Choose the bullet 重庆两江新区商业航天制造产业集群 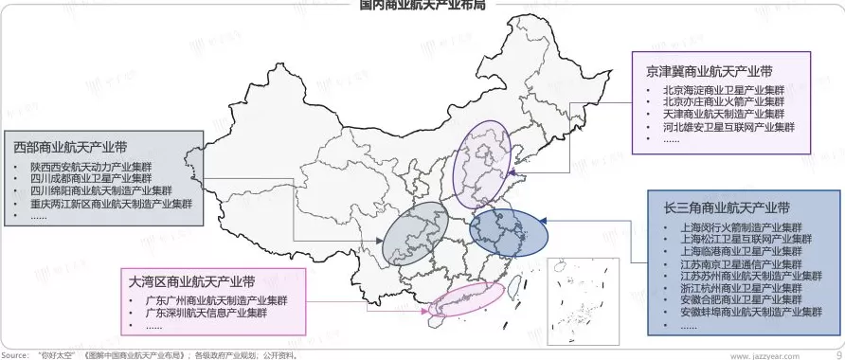(111, 203)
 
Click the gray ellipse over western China (414, 233)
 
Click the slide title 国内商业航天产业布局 (422, 5)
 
